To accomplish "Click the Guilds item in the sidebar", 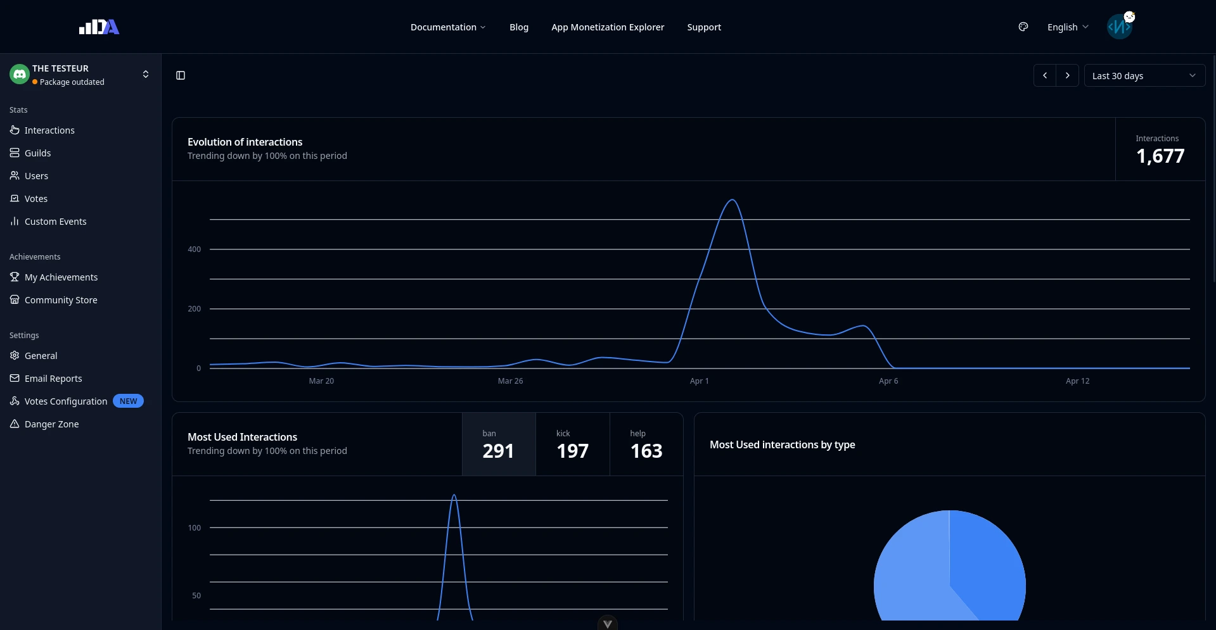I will [37, 153].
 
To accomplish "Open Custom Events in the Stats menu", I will [55, 222].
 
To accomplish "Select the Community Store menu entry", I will [61, 300].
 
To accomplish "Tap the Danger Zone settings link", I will [51, 424].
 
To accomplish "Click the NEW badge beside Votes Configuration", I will [128, 401].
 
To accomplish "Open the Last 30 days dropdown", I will [1144, 76].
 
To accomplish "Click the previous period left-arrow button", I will [1045, 76].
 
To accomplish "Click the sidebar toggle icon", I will [181, 76].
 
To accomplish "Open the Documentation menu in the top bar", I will [447, 27].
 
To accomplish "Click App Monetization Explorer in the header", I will [608, 27].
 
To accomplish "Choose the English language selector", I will [1068, 27].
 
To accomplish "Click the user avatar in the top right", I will [1120, 27].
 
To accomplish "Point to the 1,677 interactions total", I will [1160, 156].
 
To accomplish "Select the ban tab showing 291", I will [499, 444].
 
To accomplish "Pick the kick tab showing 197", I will [572, 444].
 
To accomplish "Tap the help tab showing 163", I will [646, 444].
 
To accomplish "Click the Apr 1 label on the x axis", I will [699, 381].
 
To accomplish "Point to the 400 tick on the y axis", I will [195, 249].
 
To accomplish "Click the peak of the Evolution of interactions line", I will [733, 200].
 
